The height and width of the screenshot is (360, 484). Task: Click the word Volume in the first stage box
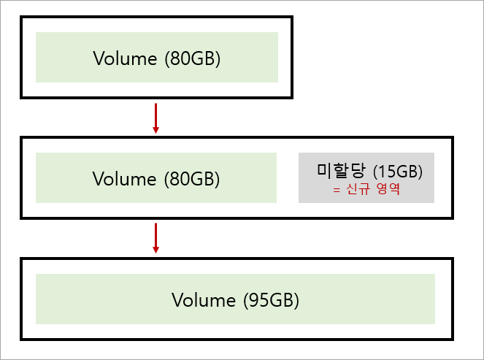124,58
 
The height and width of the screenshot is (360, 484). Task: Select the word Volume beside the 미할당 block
124,179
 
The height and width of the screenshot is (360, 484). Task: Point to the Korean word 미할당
342,171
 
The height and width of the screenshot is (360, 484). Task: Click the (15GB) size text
398,172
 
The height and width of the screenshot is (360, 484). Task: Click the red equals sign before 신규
337,191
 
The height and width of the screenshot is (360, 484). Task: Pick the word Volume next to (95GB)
203,299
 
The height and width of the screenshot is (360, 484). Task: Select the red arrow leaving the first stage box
155,118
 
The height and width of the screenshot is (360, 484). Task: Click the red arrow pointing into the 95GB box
155,238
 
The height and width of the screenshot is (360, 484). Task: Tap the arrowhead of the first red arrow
155,129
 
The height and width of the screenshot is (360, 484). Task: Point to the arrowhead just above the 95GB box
155,250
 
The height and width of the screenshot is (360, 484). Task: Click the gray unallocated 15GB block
366,177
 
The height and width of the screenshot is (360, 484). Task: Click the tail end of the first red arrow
155,105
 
